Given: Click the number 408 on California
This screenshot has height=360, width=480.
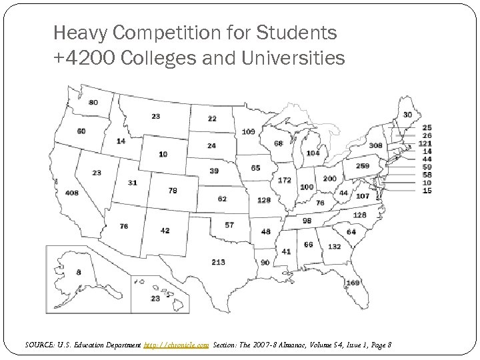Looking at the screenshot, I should pos(72,193).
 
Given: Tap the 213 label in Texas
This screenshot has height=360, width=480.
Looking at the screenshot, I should pos(219,262).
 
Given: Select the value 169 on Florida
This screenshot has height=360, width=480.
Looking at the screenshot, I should pos(353,283).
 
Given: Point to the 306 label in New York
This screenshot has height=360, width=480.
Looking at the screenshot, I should pos(375,145).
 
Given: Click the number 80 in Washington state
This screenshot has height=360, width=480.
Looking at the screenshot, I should pos(93,102).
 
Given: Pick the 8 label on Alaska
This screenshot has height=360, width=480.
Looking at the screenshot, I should pos(79,272).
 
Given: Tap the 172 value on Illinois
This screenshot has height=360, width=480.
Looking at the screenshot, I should pos(285,180).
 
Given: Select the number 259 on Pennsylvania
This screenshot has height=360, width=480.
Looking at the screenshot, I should pos(363,166).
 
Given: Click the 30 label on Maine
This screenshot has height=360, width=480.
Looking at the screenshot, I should pos(407,115).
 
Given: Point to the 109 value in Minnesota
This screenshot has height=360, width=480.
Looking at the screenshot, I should pos(249,131).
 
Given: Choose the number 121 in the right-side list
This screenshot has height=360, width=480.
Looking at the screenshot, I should pos(425,143).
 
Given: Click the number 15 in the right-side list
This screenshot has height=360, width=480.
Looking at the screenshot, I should pos(427,191).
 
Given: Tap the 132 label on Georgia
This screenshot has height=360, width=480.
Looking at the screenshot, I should pos(334,246).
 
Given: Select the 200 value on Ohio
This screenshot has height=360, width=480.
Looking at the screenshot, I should pos(329,179).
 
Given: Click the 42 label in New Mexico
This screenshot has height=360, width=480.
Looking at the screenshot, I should pos(165,231).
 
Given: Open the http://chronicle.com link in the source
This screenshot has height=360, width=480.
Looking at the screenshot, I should pos(177,345).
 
